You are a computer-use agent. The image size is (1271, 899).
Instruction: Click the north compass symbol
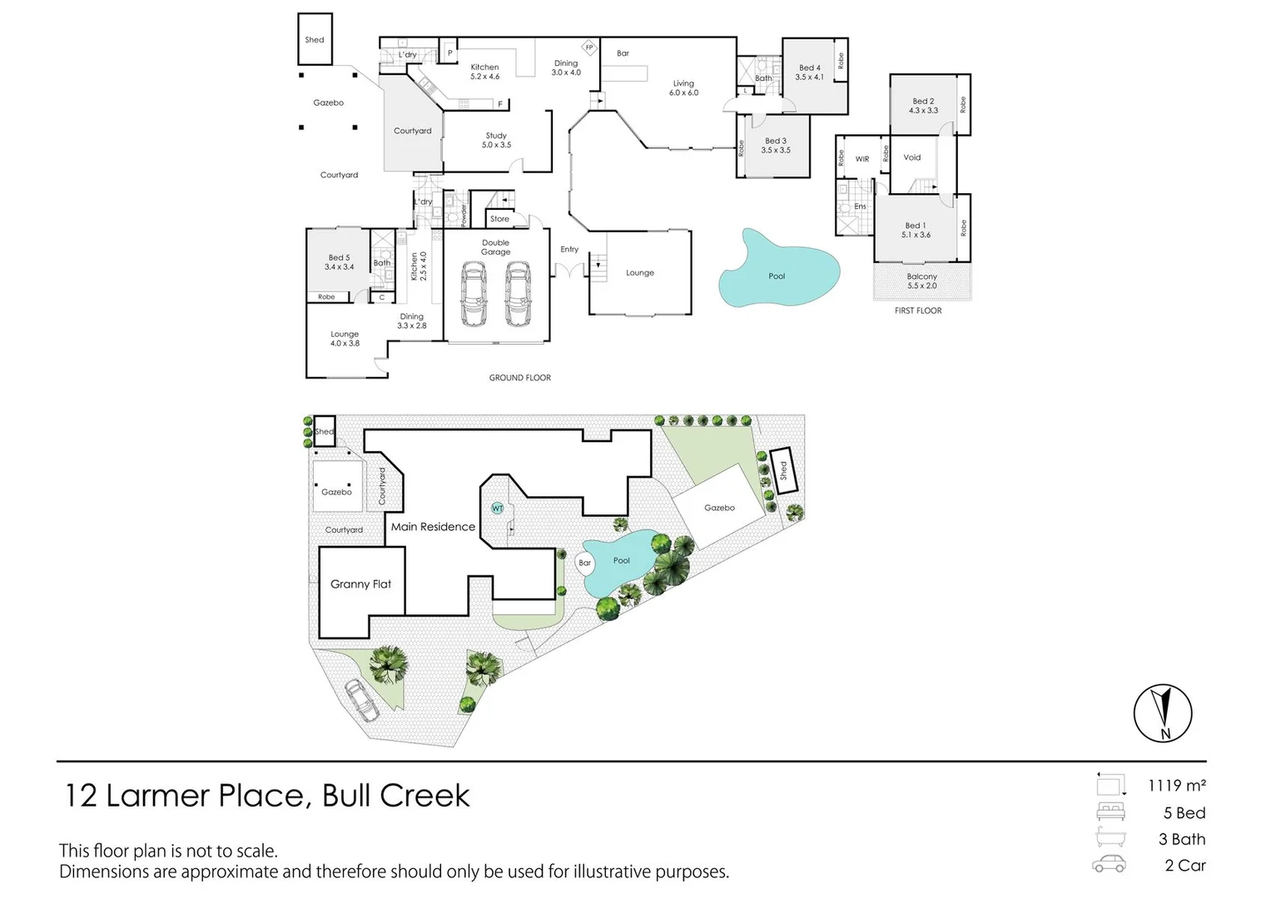(1163, 713)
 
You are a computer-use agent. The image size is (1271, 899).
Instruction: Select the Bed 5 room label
(339, 262)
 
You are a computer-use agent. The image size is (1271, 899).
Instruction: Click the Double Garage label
(495, 247)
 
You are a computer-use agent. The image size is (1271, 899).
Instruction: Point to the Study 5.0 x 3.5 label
(496, 140)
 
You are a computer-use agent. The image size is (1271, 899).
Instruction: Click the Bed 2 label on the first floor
(923, 106)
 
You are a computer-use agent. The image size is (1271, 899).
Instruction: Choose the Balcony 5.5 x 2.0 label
(921, 281)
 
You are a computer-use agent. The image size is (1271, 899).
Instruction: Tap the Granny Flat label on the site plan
(360, 584)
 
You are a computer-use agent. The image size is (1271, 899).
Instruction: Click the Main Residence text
(433, 527)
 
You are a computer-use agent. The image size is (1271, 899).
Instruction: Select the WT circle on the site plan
(498, 508)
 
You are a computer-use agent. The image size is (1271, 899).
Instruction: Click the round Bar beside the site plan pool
(585, 564)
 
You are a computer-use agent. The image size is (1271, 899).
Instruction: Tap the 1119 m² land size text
(1177, 786)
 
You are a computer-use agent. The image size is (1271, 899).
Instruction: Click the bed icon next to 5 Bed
(1110, 812)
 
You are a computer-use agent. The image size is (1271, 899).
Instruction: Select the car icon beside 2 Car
(1110, 865)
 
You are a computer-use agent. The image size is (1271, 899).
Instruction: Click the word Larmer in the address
(158, 796)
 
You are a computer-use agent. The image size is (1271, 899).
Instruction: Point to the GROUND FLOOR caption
(519, 378)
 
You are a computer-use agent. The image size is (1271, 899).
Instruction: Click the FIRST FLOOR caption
(918, 310)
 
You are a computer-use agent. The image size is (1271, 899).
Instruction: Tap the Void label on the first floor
(912, 157)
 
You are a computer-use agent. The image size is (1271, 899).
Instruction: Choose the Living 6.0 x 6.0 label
(683, 88)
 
